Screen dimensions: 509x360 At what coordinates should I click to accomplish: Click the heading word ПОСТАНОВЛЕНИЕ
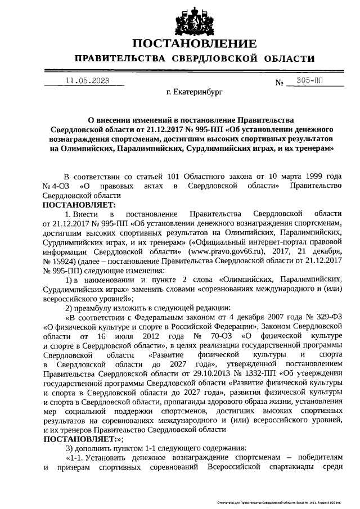coord(195,43)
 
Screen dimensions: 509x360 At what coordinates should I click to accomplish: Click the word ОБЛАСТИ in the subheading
coord(287,59)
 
